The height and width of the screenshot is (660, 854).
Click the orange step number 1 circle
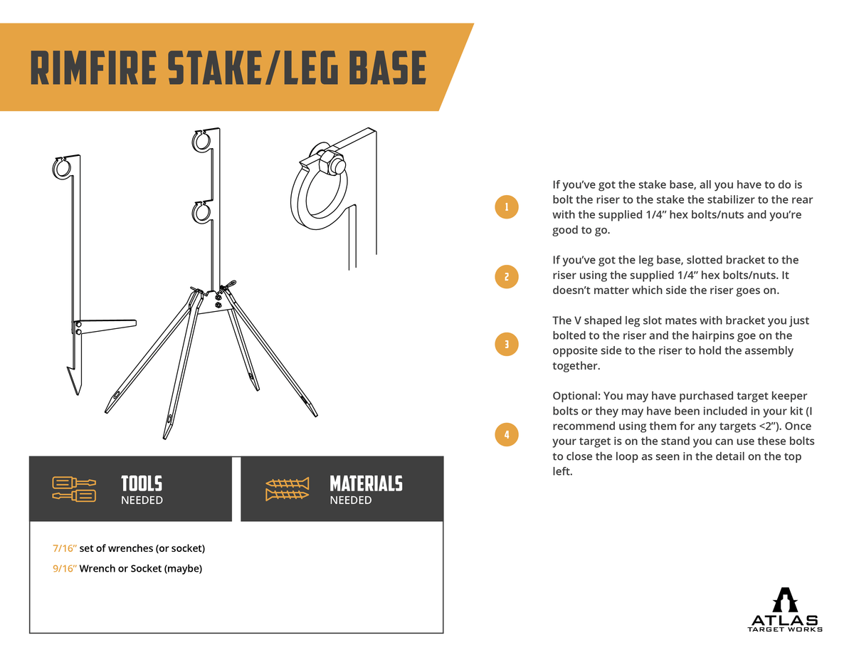coord(506,207)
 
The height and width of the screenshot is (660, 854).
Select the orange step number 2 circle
coord(506,276)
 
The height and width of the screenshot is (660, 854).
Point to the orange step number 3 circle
coord(506,344)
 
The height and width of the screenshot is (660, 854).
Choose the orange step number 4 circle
coord(506,434)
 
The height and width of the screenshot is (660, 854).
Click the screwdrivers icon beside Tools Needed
coord(74,489)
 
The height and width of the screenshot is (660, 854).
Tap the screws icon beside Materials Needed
coord(288,489)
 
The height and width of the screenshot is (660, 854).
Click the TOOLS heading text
coord(142,483)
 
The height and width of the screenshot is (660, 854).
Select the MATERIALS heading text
coord(366,483)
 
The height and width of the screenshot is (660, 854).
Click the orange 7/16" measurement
coord(65,548)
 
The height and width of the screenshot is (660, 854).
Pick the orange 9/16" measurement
coord(65,569)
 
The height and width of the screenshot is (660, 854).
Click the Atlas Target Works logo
coord(785,609)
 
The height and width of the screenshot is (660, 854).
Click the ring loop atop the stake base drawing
coord(63,168)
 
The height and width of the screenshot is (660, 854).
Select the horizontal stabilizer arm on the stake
coord(107,325)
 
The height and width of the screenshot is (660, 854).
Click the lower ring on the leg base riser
coord(201,212)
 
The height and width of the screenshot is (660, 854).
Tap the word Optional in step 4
coord(577,396)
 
